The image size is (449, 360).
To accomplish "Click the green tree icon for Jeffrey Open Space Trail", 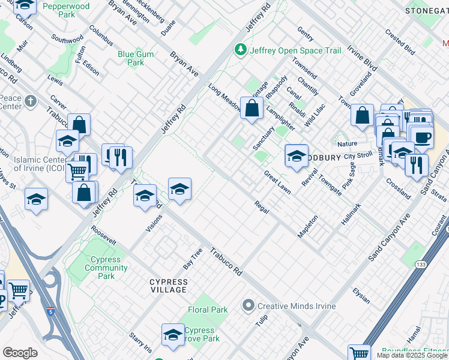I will [241, 49].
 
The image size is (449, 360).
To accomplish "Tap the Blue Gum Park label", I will [136, 58].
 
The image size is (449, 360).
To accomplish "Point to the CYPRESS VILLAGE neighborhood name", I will [169, 286].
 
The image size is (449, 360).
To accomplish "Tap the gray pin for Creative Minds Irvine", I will [249, 306].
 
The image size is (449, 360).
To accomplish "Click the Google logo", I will [20, 352].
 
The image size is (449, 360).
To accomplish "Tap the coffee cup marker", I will [422, 137].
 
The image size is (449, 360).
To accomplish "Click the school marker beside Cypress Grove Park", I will [173, 335].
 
